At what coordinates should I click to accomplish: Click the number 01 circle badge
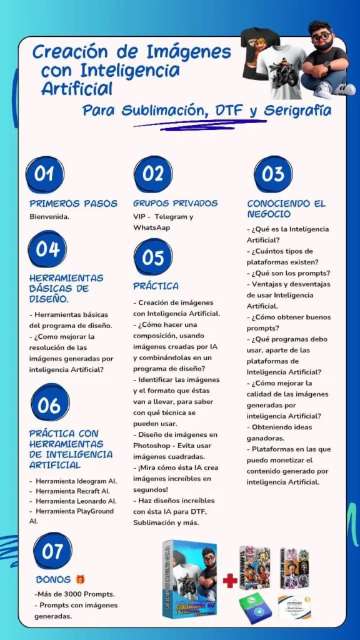[x=44, y=174]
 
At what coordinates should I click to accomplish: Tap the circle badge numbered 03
[x=272, y=174]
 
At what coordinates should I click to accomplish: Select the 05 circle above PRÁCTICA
[x=152, y=257]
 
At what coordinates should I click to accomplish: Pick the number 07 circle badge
[x=52, y=551]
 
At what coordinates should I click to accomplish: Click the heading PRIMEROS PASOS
[x=73, y=204]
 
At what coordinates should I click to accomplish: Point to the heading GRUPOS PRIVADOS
[x=175, y=204]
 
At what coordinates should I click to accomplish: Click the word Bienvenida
[x=49, y=217]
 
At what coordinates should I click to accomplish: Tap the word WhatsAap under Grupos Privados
[x=151, y=227]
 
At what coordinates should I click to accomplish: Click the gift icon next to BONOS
[x=80, y=580]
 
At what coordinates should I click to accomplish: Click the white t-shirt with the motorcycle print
[x=280, y=72]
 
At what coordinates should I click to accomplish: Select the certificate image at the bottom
[x=294, y=606]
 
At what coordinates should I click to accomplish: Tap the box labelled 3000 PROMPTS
[x=254, y=567]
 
